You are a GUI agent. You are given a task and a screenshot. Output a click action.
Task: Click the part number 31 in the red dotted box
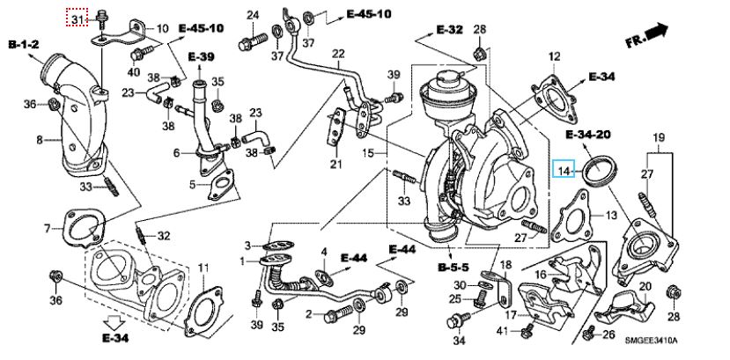point(77,18)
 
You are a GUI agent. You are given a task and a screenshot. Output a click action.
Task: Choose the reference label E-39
point(201,57)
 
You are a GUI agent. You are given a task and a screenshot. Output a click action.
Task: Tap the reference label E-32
point(448,30)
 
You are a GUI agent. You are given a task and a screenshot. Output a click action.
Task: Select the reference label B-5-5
point(452,264)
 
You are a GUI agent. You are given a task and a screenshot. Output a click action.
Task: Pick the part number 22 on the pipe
point(338,54)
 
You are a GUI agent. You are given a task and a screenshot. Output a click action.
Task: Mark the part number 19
point(657,136)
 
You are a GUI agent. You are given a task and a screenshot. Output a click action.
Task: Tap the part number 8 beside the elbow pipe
point(40,139)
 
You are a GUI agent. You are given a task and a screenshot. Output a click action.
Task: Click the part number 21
point(336,164)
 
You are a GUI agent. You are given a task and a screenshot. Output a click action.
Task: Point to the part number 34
point(457,340)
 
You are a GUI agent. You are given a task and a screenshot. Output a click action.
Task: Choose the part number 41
point(502,330)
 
